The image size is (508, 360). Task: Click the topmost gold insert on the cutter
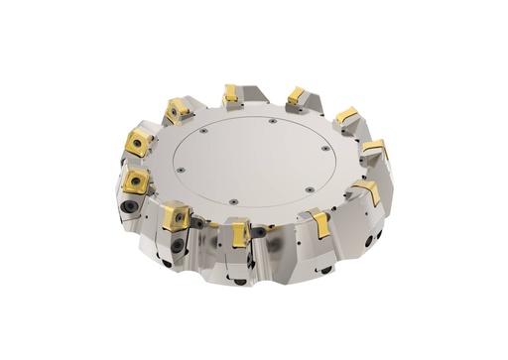231,94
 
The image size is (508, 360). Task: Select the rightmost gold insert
374,150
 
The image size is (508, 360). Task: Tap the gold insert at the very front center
240,234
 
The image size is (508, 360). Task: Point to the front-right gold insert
320,224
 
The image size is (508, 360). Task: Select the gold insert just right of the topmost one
296,95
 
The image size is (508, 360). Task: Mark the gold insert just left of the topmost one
180,109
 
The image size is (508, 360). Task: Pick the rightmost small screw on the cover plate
323,151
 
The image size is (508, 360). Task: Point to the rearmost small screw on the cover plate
272,122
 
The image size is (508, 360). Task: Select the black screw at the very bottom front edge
239,282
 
